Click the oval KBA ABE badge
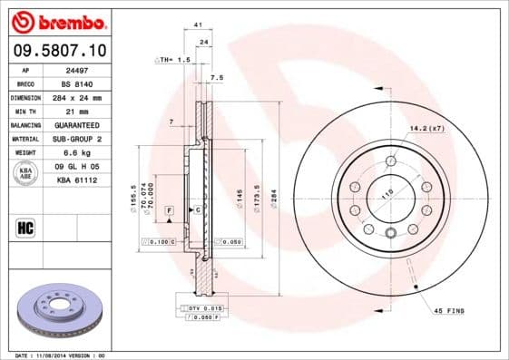click(26, 173)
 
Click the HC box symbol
click(26, 227)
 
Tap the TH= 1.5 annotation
click(172, 59)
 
